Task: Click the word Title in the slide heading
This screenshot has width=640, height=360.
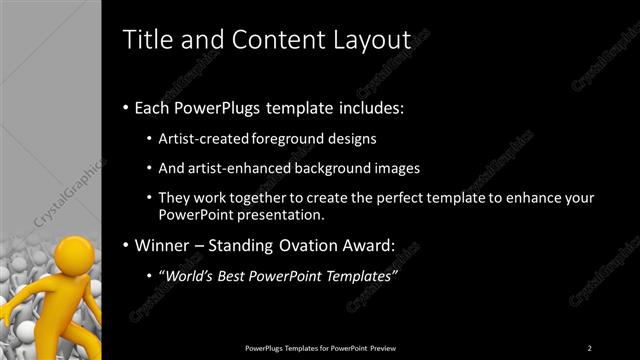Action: tap(144, 40)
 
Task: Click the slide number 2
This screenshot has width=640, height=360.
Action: tap(589, 348)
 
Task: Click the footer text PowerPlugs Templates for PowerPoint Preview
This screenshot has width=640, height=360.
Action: tap(320, 348)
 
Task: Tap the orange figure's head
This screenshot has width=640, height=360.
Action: tap(73, 251)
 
